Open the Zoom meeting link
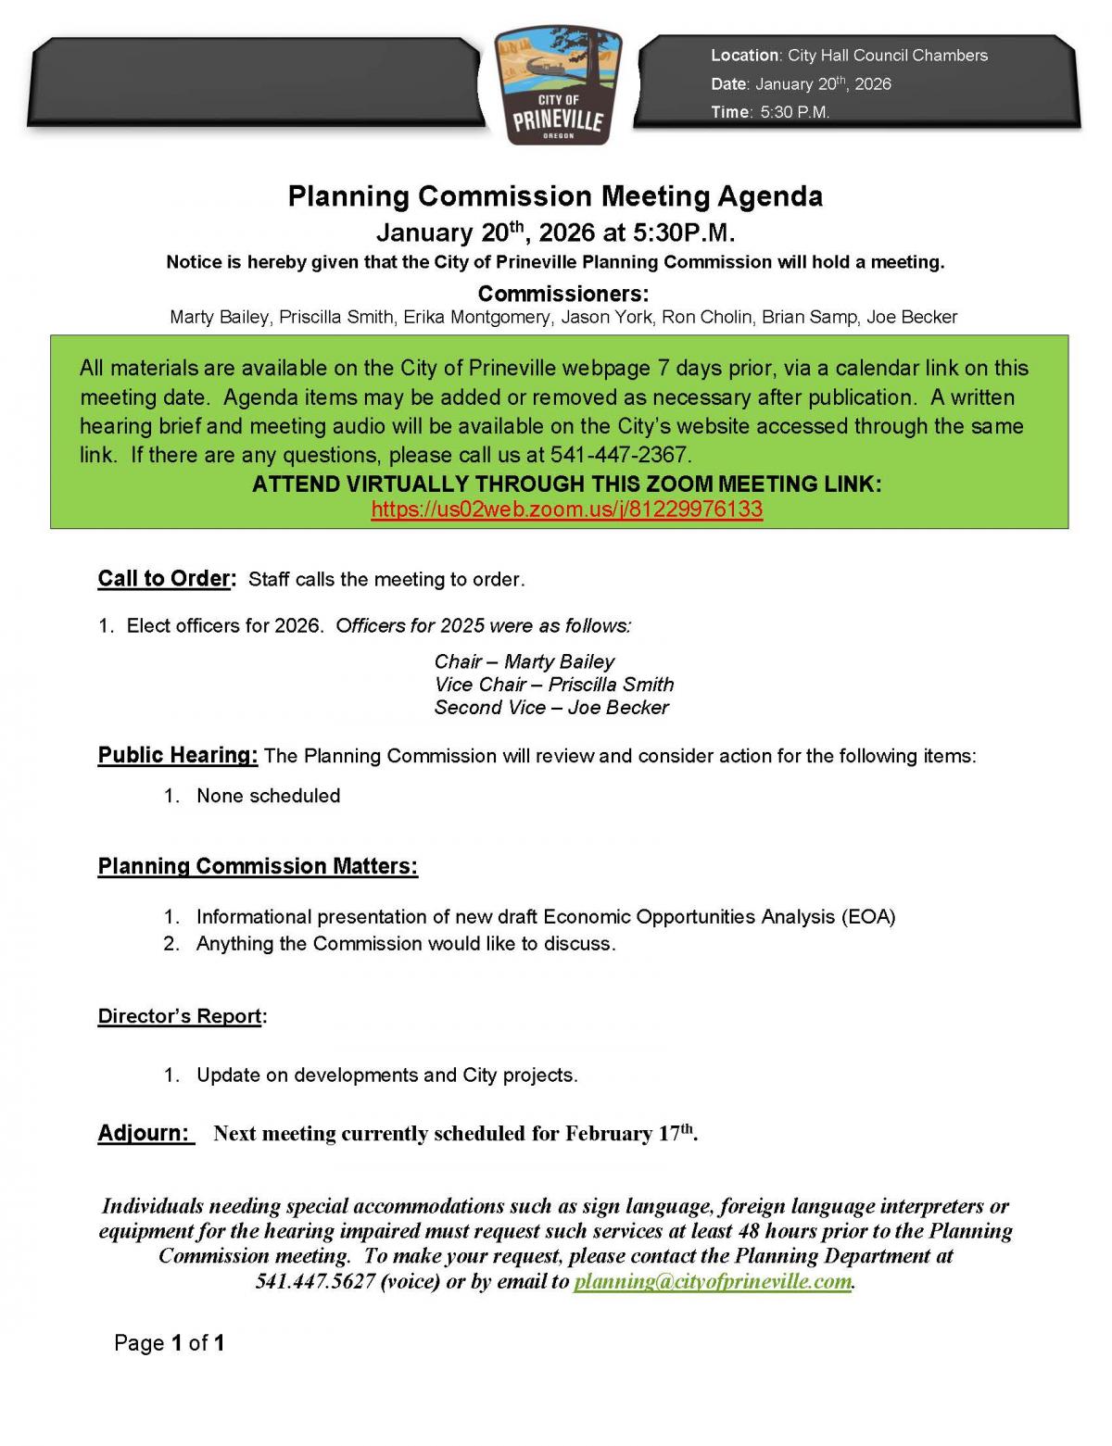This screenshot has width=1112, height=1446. point(566,509)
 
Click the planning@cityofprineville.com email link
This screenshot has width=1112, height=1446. point(712,1281)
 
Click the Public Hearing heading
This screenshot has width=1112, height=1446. point(178,755)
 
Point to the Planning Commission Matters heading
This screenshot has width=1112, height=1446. point(258,867)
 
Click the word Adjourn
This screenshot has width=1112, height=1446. point(144,1133)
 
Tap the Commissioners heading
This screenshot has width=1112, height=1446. point(563,294)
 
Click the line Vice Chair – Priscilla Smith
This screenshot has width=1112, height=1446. point(554,685)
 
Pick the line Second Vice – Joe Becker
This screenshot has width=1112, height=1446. point(551,708)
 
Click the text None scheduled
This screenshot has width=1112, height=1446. point(268,796)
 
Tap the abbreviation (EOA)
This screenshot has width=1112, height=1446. point(867,917)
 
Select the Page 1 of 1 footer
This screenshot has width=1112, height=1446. point(170,1342)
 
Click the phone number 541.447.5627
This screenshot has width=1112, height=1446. point(315,1281)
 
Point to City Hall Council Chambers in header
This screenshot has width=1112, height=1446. point(888,56)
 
